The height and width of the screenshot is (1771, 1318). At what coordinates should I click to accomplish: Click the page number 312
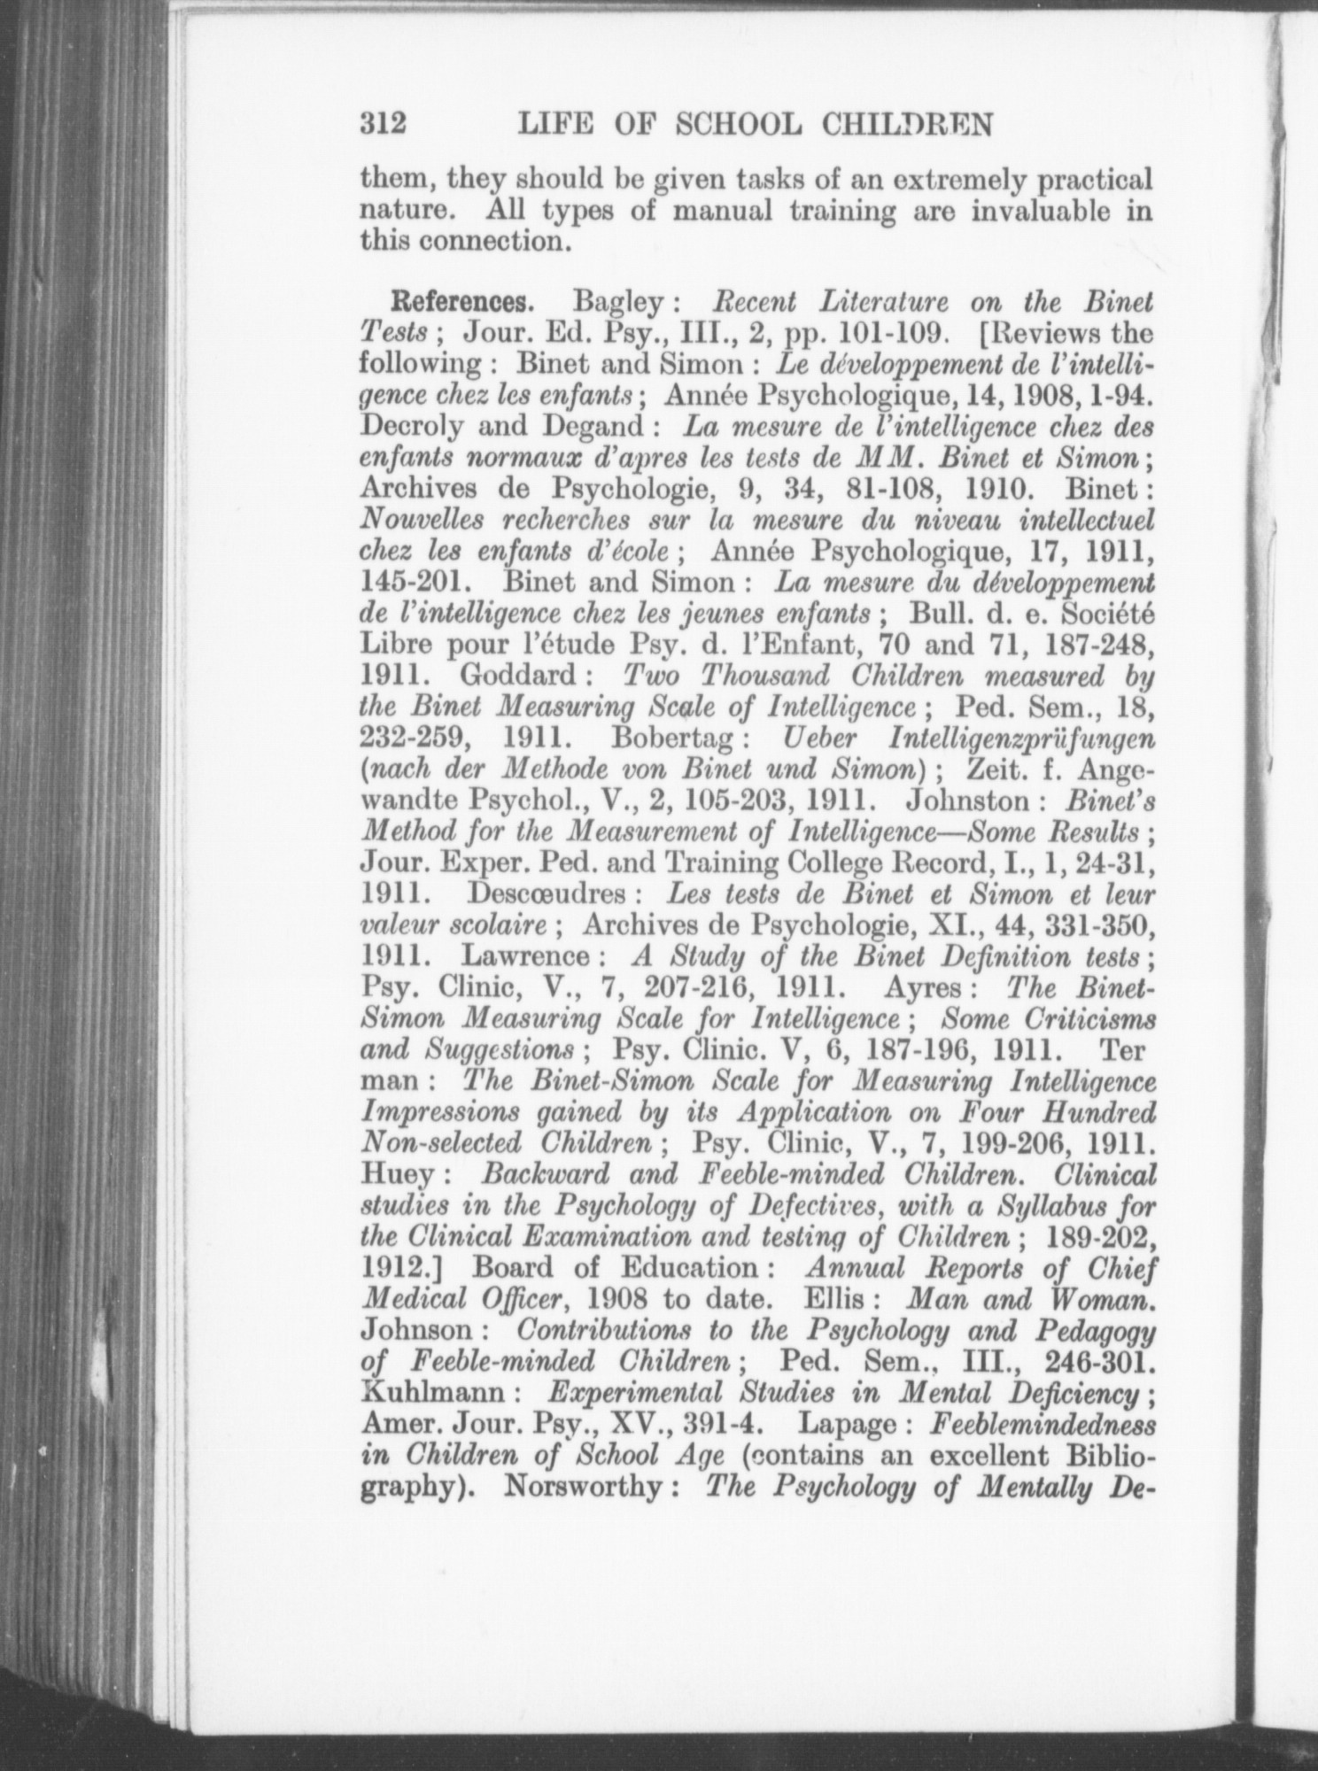click(x=383, y=123)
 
